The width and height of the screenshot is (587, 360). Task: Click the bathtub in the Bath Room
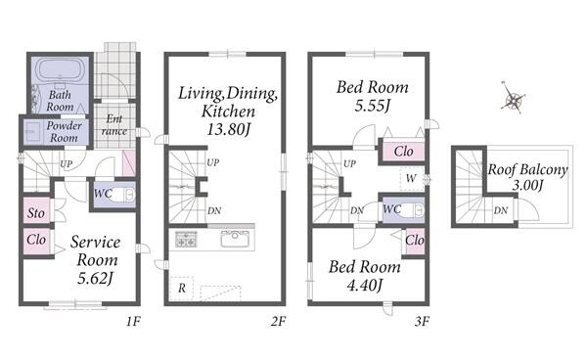60,69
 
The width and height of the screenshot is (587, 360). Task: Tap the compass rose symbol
513,98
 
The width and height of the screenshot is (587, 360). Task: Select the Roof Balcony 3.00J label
527,177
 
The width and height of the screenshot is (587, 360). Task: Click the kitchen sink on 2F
235,239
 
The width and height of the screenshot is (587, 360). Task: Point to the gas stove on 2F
186,239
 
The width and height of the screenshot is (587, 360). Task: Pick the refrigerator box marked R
182,289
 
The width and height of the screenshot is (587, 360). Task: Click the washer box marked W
412,178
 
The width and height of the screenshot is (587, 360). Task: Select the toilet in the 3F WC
413,210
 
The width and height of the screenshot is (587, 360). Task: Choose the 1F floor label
133,321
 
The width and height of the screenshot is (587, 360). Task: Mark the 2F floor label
278,321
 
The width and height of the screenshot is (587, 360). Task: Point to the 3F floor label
422,321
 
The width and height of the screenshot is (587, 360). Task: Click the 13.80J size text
228,129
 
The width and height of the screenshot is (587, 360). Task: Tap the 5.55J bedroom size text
373,106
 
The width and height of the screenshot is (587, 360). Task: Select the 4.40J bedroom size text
365,286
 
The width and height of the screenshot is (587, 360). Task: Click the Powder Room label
64,132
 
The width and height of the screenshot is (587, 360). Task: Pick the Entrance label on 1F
114,125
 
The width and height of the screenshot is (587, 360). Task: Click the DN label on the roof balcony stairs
501,210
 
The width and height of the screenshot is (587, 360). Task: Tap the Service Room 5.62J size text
96,278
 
